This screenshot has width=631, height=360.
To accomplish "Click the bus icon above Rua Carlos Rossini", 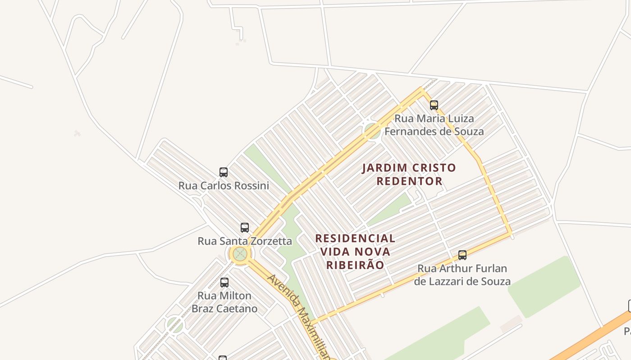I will (224, 172).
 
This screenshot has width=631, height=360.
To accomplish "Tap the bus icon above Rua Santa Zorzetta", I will (245, 227).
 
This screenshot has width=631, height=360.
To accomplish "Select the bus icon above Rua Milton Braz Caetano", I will (224, 283).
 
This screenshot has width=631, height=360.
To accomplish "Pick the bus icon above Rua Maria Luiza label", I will (434, 105).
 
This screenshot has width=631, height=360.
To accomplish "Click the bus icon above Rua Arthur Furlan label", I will (462, 255).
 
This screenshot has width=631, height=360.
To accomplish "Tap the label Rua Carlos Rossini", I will (224, 185).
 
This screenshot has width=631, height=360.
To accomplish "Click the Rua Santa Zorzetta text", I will (245, 241).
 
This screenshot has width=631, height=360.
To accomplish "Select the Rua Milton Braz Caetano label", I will (224, 302).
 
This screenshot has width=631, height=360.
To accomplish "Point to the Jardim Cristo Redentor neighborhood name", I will (409, 174).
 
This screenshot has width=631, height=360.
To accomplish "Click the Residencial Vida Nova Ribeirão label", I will (355, 251).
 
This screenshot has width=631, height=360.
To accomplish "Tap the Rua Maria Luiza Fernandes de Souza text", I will (434, 125).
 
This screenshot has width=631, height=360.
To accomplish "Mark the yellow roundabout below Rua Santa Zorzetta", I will (240, 254).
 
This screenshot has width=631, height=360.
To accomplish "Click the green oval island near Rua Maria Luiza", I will (373, 131).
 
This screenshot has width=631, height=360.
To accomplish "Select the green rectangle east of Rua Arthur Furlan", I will (544, 287).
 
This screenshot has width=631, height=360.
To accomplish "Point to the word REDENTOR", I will (409, 181).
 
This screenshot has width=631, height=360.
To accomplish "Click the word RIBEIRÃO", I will (355, 265).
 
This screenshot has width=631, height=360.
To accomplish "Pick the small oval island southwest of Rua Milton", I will (174, 324).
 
